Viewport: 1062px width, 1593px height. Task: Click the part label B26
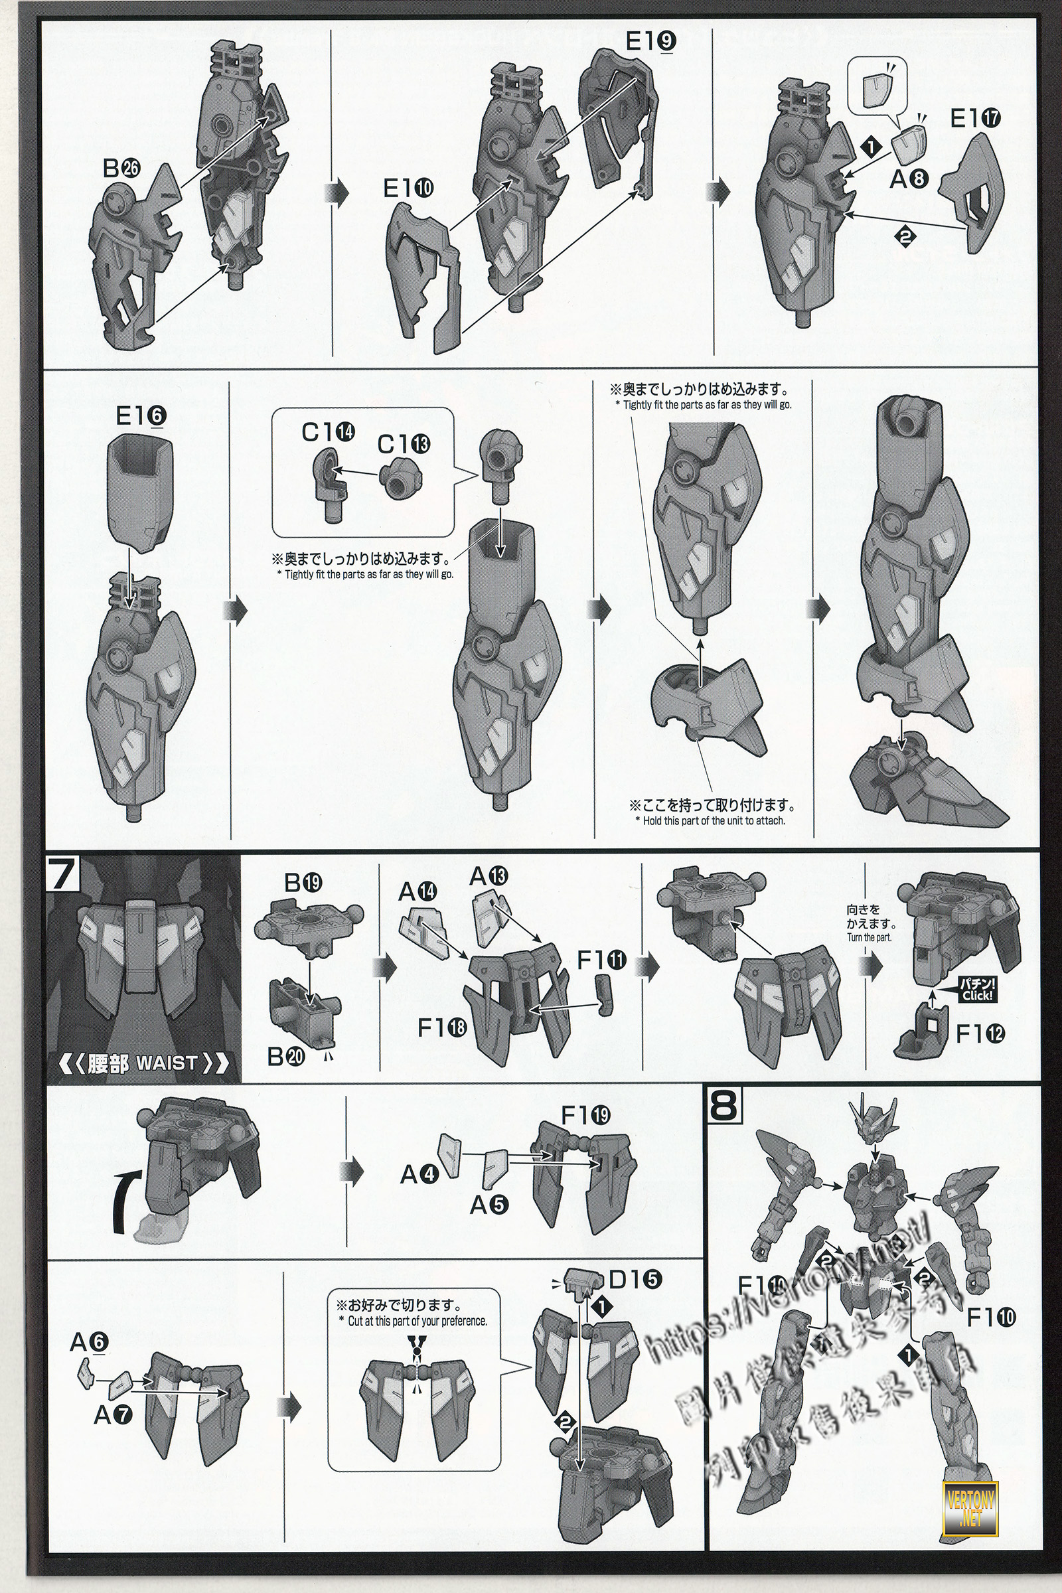coord(121,169)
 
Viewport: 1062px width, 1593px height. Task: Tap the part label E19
coord(650,42)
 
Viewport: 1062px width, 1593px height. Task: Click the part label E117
coord(975,119)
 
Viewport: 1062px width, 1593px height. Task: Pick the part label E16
coord(141,416)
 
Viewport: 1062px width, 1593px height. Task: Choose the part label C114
coord(329,431)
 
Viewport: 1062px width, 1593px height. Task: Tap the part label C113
coord(404,444)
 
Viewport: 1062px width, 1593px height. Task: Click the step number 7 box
coord(62,873)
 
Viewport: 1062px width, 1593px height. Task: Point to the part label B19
coord(303,883)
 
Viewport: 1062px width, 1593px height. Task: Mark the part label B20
coord(287,1057)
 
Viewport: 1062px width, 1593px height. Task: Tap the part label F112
coord(980,1033)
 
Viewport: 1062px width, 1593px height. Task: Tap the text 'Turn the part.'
coord(870,938)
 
